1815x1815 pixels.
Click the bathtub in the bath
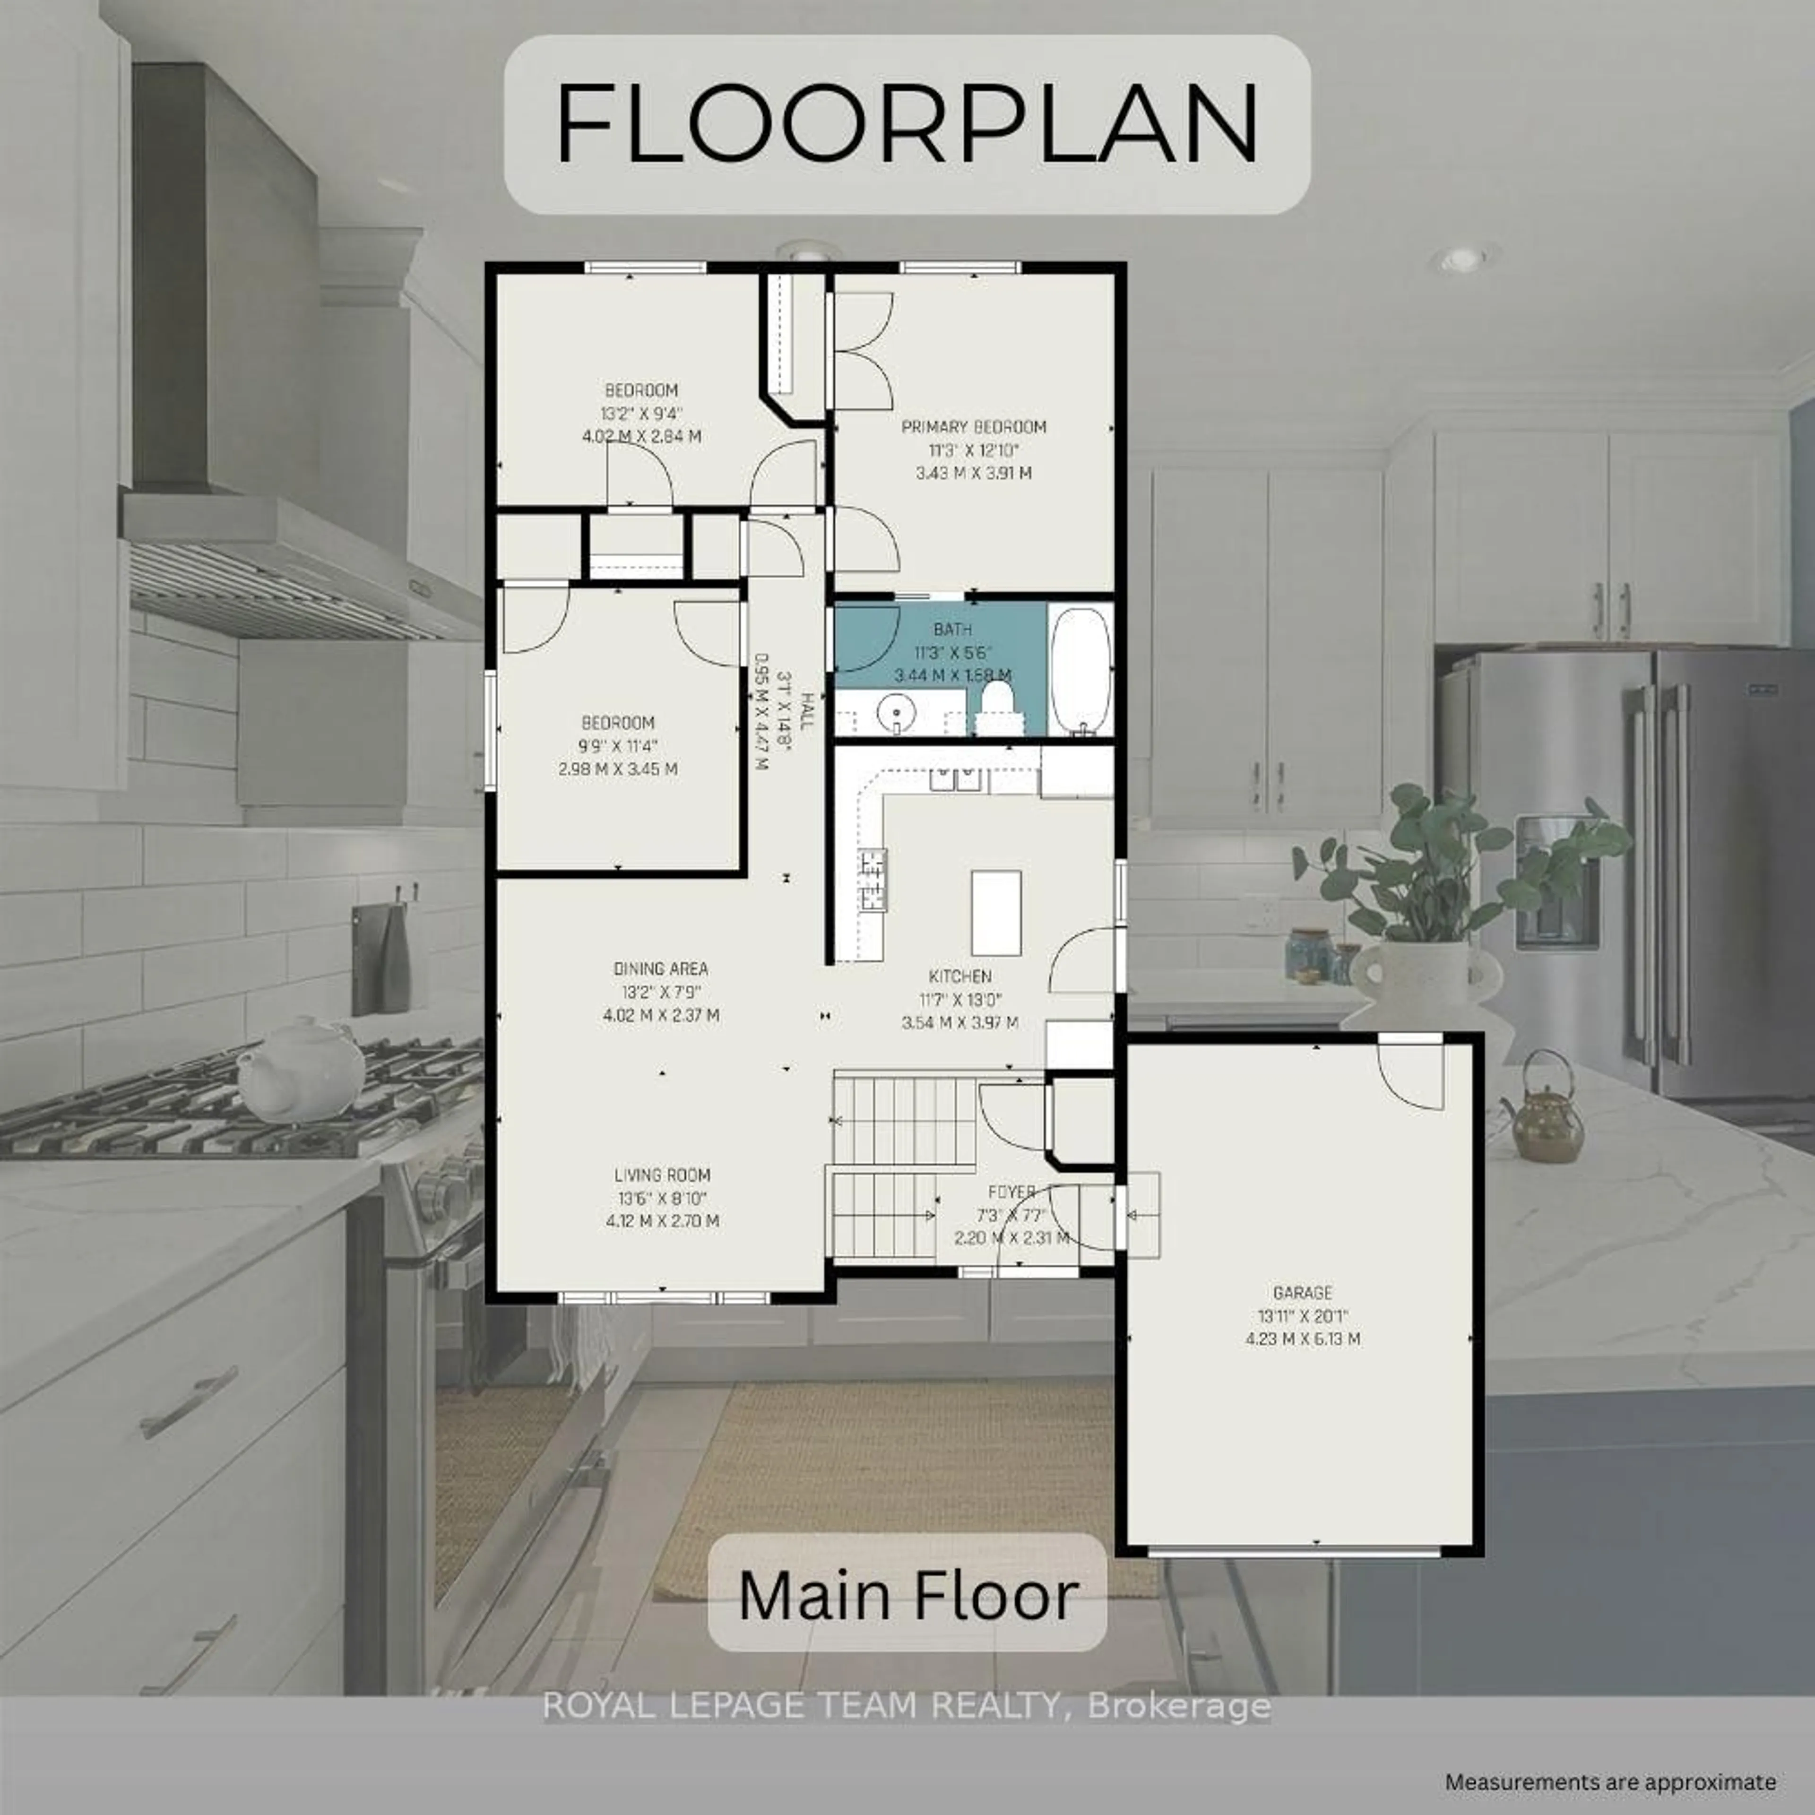coord(1080,670)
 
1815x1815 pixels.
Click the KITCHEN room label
coord(960,976)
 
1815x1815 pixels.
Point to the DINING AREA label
coord(660,968)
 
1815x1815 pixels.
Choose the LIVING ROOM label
coord(662,1174)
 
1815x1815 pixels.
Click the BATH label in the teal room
coord(952,630)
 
